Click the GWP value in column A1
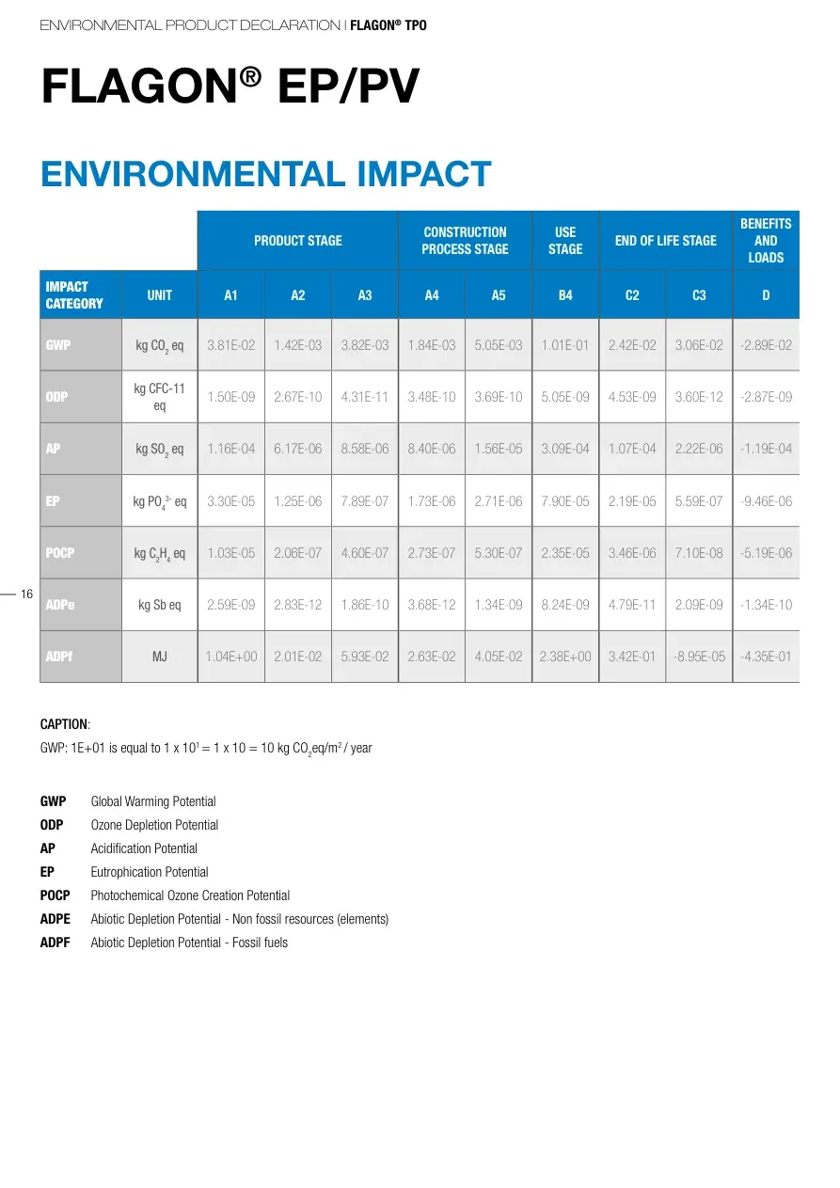point(230,345)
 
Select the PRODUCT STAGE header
point(297,241)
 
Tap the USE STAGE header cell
point(565,241)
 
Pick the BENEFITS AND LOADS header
point(766,241)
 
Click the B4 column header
point(565,295)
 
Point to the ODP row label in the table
point(57,397)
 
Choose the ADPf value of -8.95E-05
point(699,657)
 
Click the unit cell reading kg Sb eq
point(160,605)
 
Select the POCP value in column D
point(766,553)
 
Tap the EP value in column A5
point(499,501)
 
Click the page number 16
point(26,594)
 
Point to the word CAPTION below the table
point(64,724)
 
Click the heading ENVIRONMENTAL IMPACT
point(265,175)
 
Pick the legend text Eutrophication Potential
point(150,872)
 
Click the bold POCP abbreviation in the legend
point(55,895)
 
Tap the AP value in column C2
point(632,449)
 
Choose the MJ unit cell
point(160,657)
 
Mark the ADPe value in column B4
point(565,605)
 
